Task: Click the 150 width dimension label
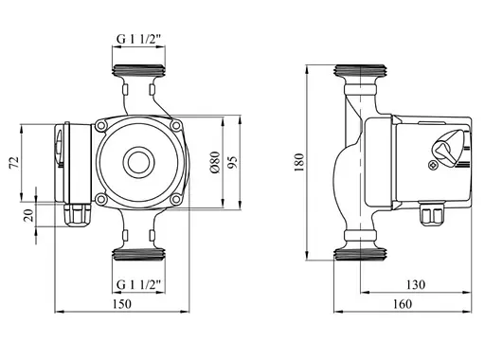pos(122,304)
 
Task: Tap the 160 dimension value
pos(403,304)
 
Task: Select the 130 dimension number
pos(416,285)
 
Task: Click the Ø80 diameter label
pos(215,162)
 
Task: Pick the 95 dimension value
pos(232,162)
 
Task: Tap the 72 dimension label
pos(14,163)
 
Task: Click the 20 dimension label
pos(28,215)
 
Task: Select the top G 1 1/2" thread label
pos(138,39)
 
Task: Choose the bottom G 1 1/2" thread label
pos(138,285)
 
